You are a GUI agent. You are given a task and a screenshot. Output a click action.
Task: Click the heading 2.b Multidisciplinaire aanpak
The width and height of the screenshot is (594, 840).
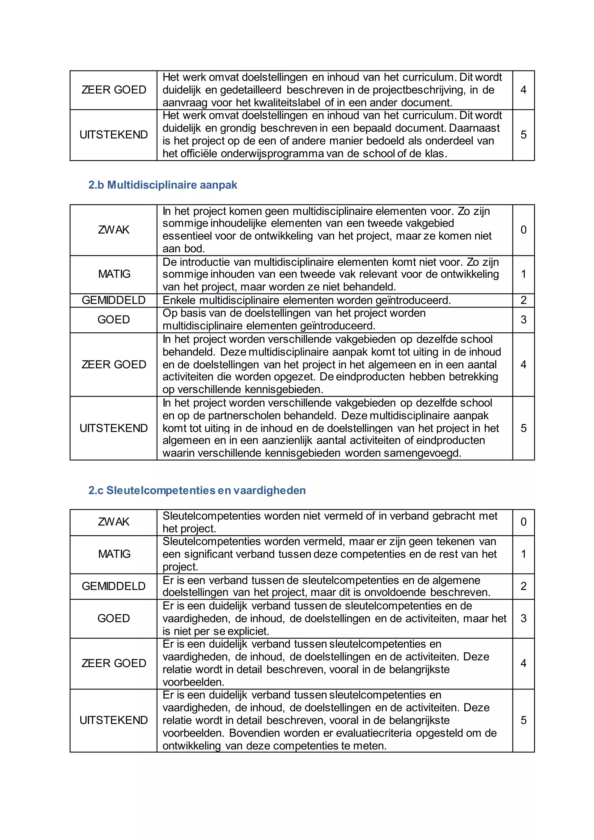click(x=162, y=185)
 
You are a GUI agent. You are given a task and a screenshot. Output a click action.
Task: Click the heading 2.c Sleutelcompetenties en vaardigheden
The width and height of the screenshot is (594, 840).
click(x=197, y=490)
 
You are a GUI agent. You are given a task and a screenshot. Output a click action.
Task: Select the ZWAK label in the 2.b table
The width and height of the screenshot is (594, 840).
click(x=113, y=230)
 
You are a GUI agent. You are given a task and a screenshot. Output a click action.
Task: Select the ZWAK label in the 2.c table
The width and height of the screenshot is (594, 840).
click(x=113, y=522)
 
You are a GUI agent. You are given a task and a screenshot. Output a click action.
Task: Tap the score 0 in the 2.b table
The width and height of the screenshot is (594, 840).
click(x=524, y=230)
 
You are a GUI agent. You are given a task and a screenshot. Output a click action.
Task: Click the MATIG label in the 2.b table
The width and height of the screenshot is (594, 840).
click(x=114, y=274)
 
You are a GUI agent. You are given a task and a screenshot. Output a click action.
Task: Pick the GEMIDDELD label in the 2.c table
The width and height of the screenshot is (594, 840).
click(x=113, y=586)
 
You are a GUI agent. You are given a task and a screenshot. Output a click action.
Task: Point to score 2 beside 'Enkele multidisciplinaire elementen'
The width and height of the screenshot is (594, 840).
click(x=524, y=300)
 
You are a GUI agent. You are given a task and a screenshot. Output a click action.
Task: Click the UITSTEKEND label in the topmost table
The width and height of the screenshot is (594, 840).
click(x=113, y=135)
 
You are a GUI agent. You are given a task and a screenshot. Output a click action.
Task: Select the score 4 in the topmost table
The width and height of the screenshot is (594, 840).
click(x=524, y=90)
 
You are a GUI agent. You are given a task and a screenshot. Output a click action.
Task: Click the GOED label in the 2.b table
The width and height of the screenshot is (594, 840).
click(x=113, y=320)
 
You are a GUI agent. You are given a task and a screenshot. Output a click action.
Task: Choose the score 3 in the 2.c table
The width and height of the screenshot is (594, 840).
click(x=524, y=618)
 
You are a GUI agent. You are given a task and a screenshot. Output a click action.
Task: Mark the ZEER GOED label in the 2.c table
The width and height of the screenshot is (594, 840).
click(x=113, y=663)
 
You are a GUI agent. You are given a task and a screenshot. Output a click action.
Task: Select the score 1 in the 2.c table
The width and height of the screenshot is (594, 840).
click(x=524, y=554)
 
